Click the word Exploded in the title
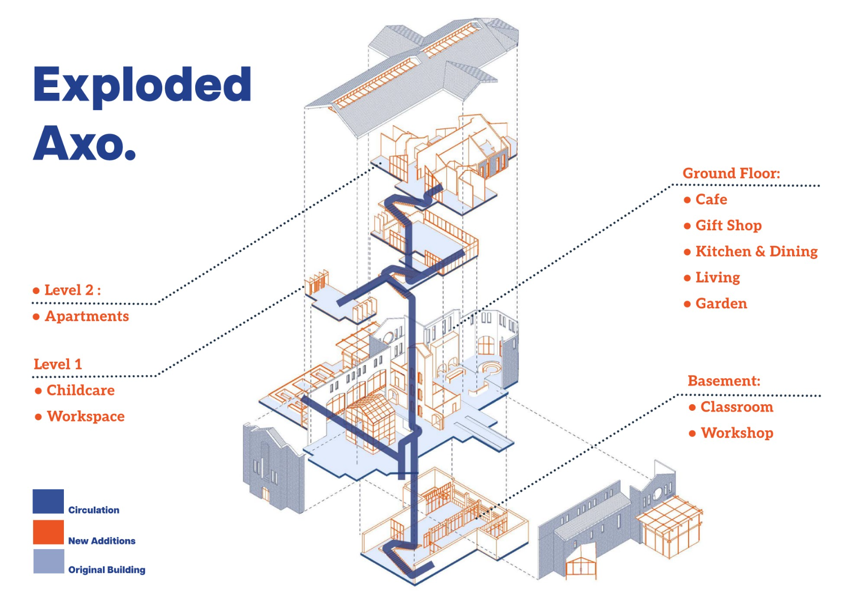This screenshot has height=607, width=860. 142,85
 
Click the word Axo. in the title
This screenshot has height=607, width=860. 85,144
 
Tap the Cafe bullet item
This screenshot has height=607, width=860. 711,199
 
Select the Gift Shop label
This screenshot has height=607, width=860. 728,225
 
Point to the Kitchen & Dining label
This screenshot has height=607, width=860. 756,252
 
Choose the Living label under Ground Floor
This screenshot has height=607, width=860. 717,277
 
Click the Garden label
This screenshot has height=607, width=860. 721,303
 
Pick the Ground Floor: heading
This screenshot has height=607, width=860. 731,173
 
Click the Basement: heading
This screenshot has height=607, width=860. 724,381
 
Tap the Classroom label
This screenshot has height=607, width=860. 736,407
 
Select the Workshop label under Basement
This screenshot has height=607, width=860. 736,433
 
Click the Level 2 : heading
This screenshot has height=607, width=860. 72,290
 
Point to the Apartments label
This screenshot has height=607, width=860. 87,316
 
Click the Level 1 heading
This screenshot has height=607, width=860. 57,364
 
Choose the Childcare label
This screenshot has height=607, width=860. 80,390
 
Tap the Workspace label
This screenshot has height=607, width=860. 85,416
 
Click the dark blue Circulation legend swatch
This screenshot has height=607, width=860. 48,502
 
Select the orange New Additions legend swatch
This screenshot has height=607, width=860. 48,532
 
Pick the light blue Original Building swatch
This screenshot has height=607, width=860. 49,561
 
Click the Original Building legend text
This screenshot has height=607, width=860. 106,569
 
